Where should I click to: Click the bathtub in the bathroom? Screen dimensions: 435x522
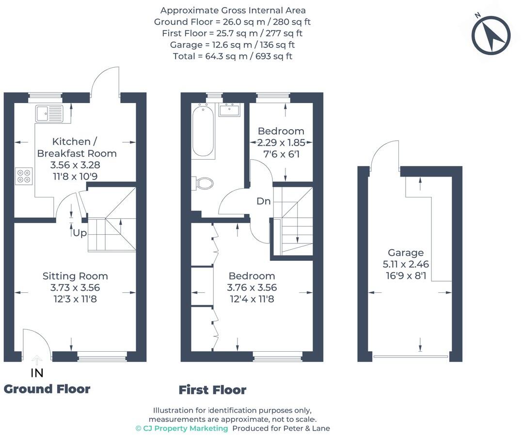[x=203, y=132]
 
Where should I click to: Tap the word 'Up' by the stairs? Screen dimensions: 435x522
[x=79, y=233]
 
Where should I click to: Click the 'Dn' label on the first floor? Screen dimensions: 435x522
[x=264, y=201]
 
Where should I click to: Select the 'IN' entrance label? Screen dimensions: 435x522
[x=37, y=373]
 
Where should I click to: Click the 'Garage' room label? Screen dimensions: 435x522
[x=405, y=253]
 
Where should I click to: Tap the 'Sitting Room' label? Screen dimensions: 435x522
[x=75, y=276]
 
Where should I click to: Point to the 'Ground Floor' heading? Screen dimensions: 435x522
[x=47, y=389]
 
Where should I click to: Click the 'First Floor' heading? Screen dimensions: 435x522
[x=212, y=390]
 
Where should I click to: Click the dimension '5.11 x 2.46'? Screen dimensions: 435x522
[x=405, y=265]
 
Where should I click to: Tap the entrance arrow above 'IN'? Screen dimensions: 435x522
[x=37, y=360]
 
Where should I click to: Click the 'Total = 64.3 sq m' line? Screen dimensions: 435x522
[x=232, y=56]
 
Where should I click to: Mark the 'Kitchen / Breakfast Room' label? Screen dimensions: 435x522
[x=77, y=148]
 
